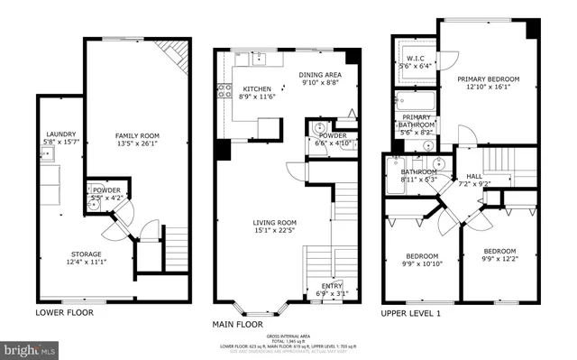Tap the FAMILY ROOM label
click(136, 135)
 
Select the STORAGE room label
click(87, 254)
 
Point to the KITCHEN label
click(257, 88)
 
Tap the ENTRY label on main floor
click(331, 288)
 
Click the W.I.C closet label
click(416, 59)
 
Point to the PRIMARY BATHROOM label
click(416, 117)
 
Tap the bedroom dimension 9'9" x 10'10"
click(421, 263)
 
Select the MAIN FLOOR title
click(238, 323)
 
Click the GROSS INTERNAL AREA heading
click(288, 333)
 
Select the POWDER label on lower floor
click(106, 190)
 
